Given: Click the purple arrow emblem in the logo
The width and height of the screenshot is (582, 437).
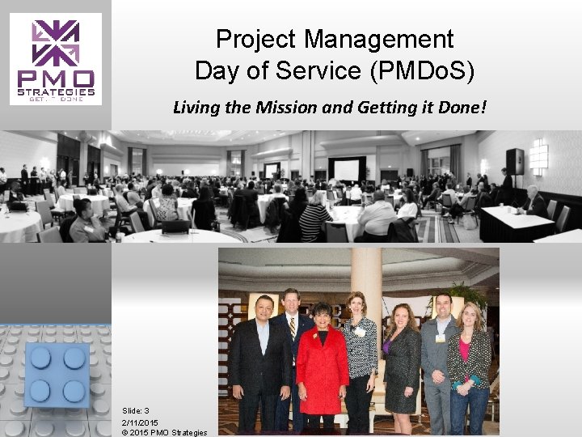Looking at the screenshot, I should pyautogui.click(x=56, y=42).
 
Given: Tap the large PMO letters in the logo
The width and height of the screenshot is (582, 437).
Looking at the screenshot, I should pyautogui.click(x=56, y=79).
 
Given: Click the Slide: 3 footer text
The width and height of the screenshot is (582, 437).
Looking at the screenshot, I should pyautogui.click(x=136, y=411).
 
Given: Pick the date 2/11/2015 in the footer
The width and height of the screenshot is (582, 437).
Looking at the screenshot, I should pyautogui.click(x=140, y=422).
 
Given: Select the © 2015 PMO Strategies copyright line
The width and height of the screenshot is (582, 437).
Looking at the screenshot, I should pyautogui.click(x=164, y=432).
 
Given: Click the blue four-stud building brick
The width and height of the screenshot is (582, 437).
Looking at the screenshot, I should pyautogui.click(x=56, y=373).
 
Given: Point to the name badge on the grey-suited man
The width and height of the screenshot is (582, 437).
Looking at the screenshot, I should pyautogui.click(x=441, y=338).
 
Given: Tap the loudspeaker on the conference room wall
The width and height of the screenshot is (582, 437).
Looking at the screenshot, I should pyautogui.click(x=515, y=162).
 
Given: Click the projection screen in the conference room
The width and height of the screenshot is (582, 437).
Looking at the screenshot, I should pyautogui.click(x=347, y=170).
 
